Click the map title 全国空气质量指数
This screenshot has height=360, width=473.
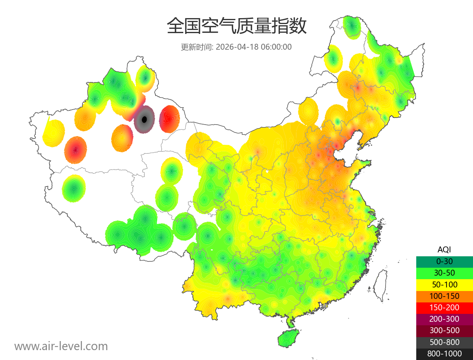click(x=236, y=26)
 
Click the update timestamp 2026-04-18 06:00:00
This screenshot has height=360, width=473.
click(x=254, y=47)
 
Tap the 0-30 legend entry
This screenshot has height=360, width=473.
click(x=444, y=261)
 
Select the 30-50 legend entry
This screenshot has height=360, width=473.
click(x=444, y=273)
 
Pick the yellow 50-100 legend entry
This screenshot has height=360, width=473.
click(x=444, y=284)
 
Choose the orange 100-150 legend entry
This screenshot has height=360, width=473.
click(x=444, y=296)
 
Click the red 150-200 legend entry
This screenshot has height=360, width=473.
click(x=444, y=308)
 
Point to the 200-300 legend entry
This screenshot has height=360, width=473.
click(x=444, y=319)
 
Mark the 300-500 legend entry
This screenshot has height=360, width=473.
click(x=444, y=330)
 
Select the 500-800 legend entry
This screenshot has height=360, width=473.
click(x=444, y=342)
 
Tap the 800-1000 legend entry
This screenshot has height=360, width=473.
click(x=444, y=354)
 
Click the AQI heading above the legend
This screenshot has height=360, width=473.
click(x=444, y=250)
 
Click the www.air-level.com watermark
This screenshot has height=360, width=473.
click(x=61, y=346)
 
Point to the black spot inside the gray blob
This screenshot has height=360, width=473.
click(x=144, y=119)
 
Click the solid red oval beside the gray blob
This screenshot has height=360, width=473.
click(x=169, y=119)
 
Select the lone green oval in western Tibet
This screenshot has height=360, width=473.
click(x=73, y=188)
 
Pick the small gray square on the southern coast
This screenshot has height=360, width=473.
click(x=325, y=306)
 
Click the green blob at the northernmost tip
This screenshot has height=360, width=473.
click(x=352, y=27)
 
